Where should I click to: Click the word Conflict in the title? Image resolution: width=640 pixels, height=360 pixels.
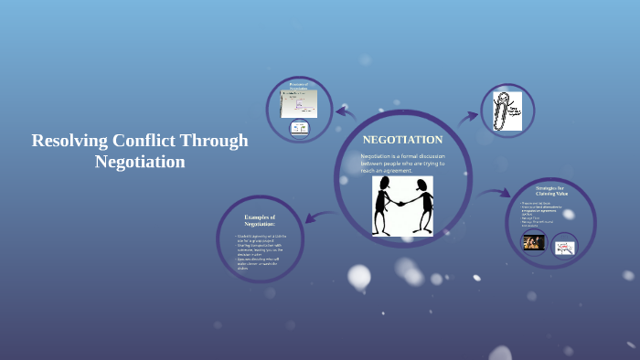[145, 141]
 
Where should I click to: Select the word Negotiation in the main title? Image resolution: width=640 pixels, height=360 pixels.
[140, 162]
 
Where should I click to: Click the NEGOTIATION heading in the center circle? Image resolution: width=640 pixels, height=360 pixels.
[402, 140]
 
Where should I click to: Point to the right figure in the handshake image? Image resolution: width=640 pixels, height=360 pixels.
[421, 204]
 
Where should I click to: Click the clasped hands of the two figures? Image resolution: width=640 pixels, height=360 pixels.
[403, 203]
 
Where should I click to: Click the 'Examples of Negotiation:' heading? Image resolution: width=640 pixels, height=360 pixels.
[260, 219]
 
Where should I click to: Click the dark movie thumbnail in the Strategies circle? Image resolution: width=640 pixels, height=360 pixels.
[533, 242]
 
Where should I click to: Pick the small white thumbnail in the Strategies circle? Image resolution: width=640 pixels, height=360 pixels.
[564, 245]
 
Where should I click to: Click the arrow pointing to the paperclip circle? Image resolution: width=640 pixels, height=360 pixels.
[468, 116]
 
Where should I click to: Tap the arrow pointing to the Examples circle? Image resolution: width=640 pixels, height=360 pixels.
[316, 217]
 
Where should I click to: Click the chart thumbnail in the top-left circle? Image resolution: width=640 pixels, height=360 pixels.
[299, 102]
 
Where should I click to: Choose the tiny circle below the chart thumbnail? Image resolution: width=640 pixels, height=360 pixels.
[299, 129]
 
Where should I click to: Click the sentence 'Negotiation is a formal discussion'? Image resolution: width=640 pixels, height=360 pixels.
[402, 156]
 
